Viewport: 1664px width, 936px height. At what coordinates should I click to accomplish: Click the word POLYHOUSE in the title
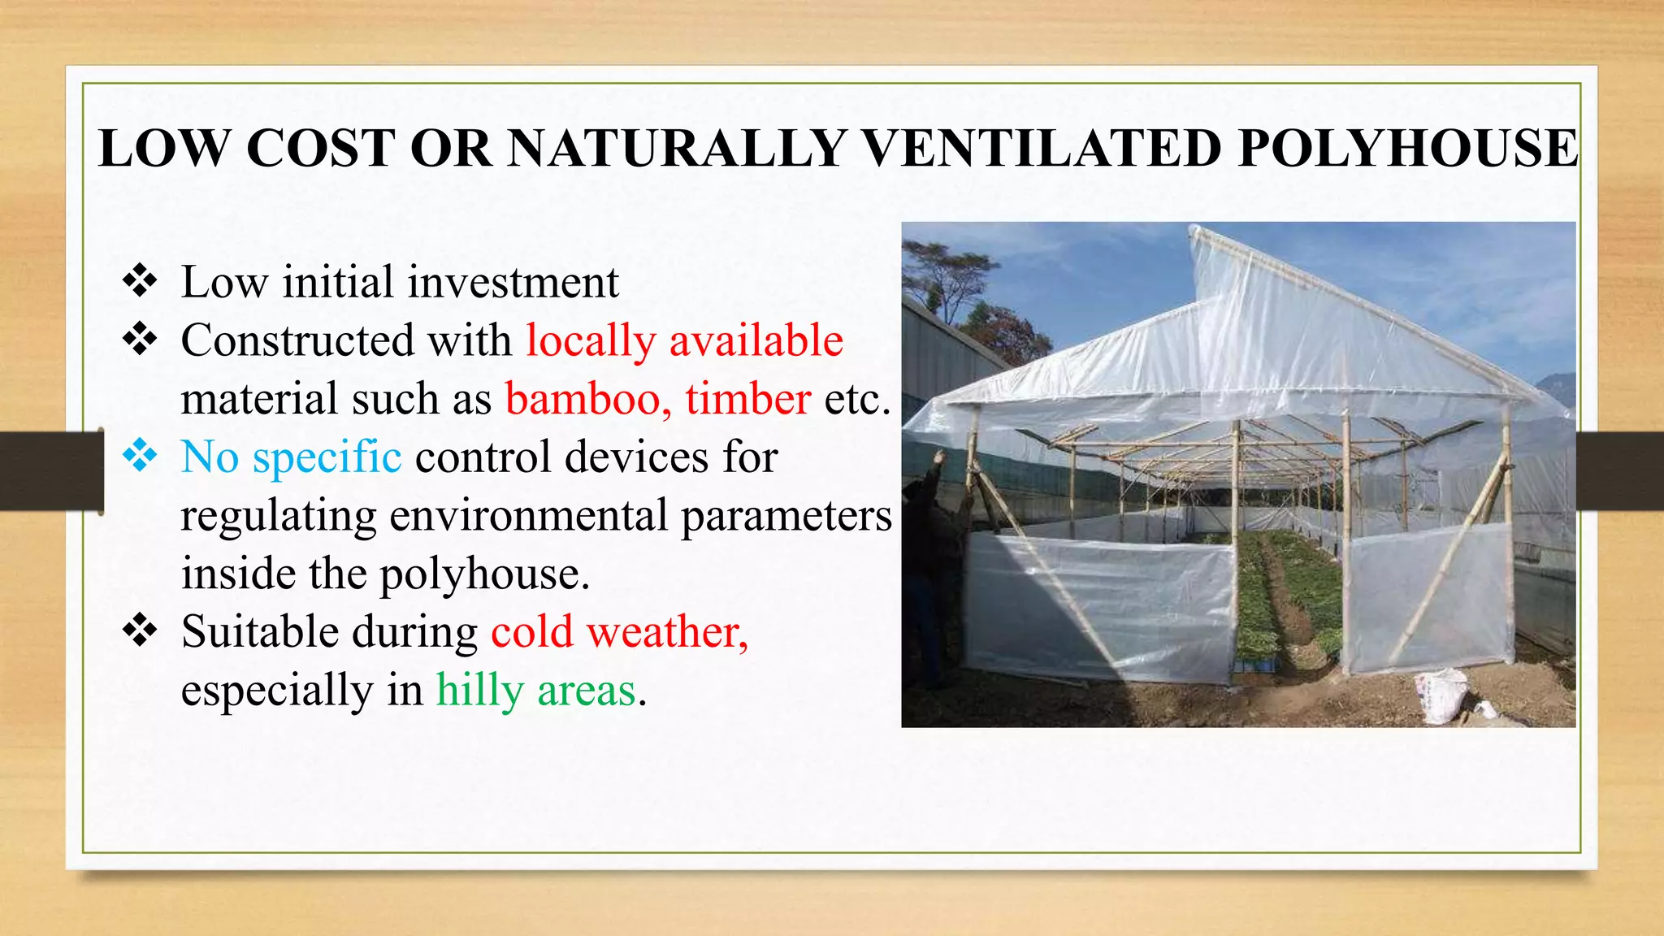(1407, 149)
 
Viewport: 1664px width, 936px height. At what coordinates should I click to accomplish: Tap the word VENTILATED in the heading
(1042, 149)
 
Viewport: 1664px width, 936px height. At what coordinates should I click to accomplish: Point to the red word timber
(747, 399)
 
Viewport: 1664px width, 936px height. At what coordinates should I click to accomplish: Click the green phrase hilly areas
(536, 691)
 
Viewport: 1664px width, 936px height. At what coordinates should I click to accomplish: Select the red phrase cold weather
(619, 632)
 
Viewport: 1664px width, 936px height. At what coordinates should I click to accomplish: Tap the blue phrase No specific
(291, 457)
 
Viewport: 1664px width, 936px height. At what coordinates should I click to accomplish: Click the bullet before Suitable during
(140, 630)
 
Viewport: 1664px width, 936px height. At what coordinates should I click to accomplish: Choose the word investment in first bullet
(513, 283)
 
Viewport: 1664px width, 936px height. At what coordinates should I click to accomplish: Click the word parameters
(786, 516)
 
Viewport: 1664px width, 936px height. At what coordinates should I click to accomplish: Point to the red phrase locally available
(684, 340)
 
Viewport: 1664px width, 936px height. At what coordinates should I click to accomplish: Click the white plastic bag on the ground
(1442, 695)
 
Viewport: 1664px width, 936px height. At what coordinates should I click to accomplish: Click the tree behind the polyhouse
(947, 276)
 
